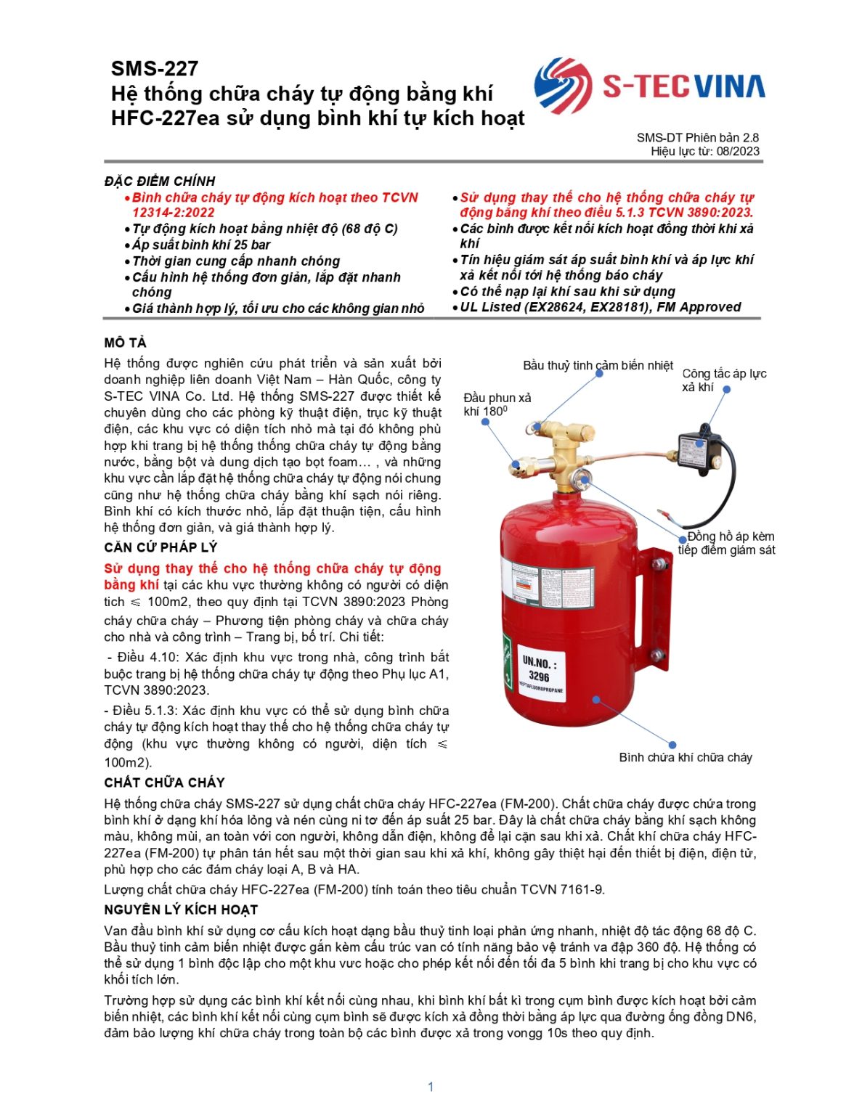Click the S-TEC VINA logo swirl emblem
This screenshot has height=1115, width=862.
(x=563, y=86)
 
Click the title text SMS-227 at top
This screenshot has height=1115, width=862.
(x=155, y=69)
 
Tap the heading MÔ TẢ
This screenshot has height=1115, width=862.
(x=125, y=343)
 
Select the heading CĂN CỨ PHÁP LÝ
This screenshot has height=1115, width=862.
(x=160, y=547)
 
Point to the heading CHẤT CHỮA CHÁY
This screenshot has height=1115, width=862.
(x=164, y=783)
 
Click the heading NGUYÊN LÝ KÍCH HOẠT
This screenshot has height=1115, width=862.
(x=181, y=910)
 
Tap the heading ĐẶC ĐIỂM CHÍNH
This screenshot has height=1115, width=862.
(x=160, y=181)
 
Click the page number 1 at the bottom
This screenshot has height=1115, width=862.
(x=431, y=1087)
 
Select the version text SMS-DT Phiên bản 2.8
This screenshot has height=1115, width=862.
(x=697, y=137)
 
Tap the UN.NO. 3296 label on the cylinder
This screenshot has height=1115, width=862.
(x=540, y=669)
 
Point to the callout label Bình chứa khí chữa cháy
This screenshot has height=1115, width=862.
(x=685, y=757)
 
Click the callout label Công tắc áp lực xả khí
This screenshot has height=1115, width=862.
(x=723, y=380)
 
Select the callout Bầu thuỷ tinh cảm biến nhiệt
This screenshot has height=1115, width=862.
(x=598, y=365)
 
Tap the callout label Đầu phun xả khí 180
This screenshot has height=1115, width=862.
(x=497, y=404)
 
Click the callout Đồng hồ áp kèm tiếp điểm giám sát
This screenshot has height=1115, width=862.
(x=727, y=543)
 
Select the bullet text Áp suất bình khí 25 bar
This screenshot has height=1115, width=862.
(x=200, y=245)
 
